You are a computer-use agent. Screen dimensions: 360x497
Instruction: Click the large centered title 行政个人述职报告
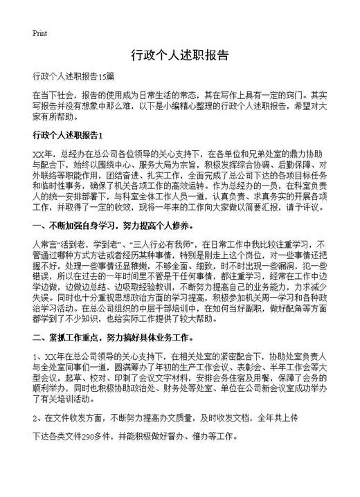click(x=179, y=55)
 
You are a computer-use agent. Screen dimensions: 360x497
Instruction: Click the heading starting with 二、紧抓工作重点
click(x=113, y=338)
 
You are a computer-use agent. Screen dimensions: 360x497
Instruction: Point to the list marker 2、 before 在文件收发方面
click(x=38, y=419)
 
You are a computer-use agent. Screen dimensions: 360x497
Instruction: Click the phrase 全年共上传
click(x=277, y=419)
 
